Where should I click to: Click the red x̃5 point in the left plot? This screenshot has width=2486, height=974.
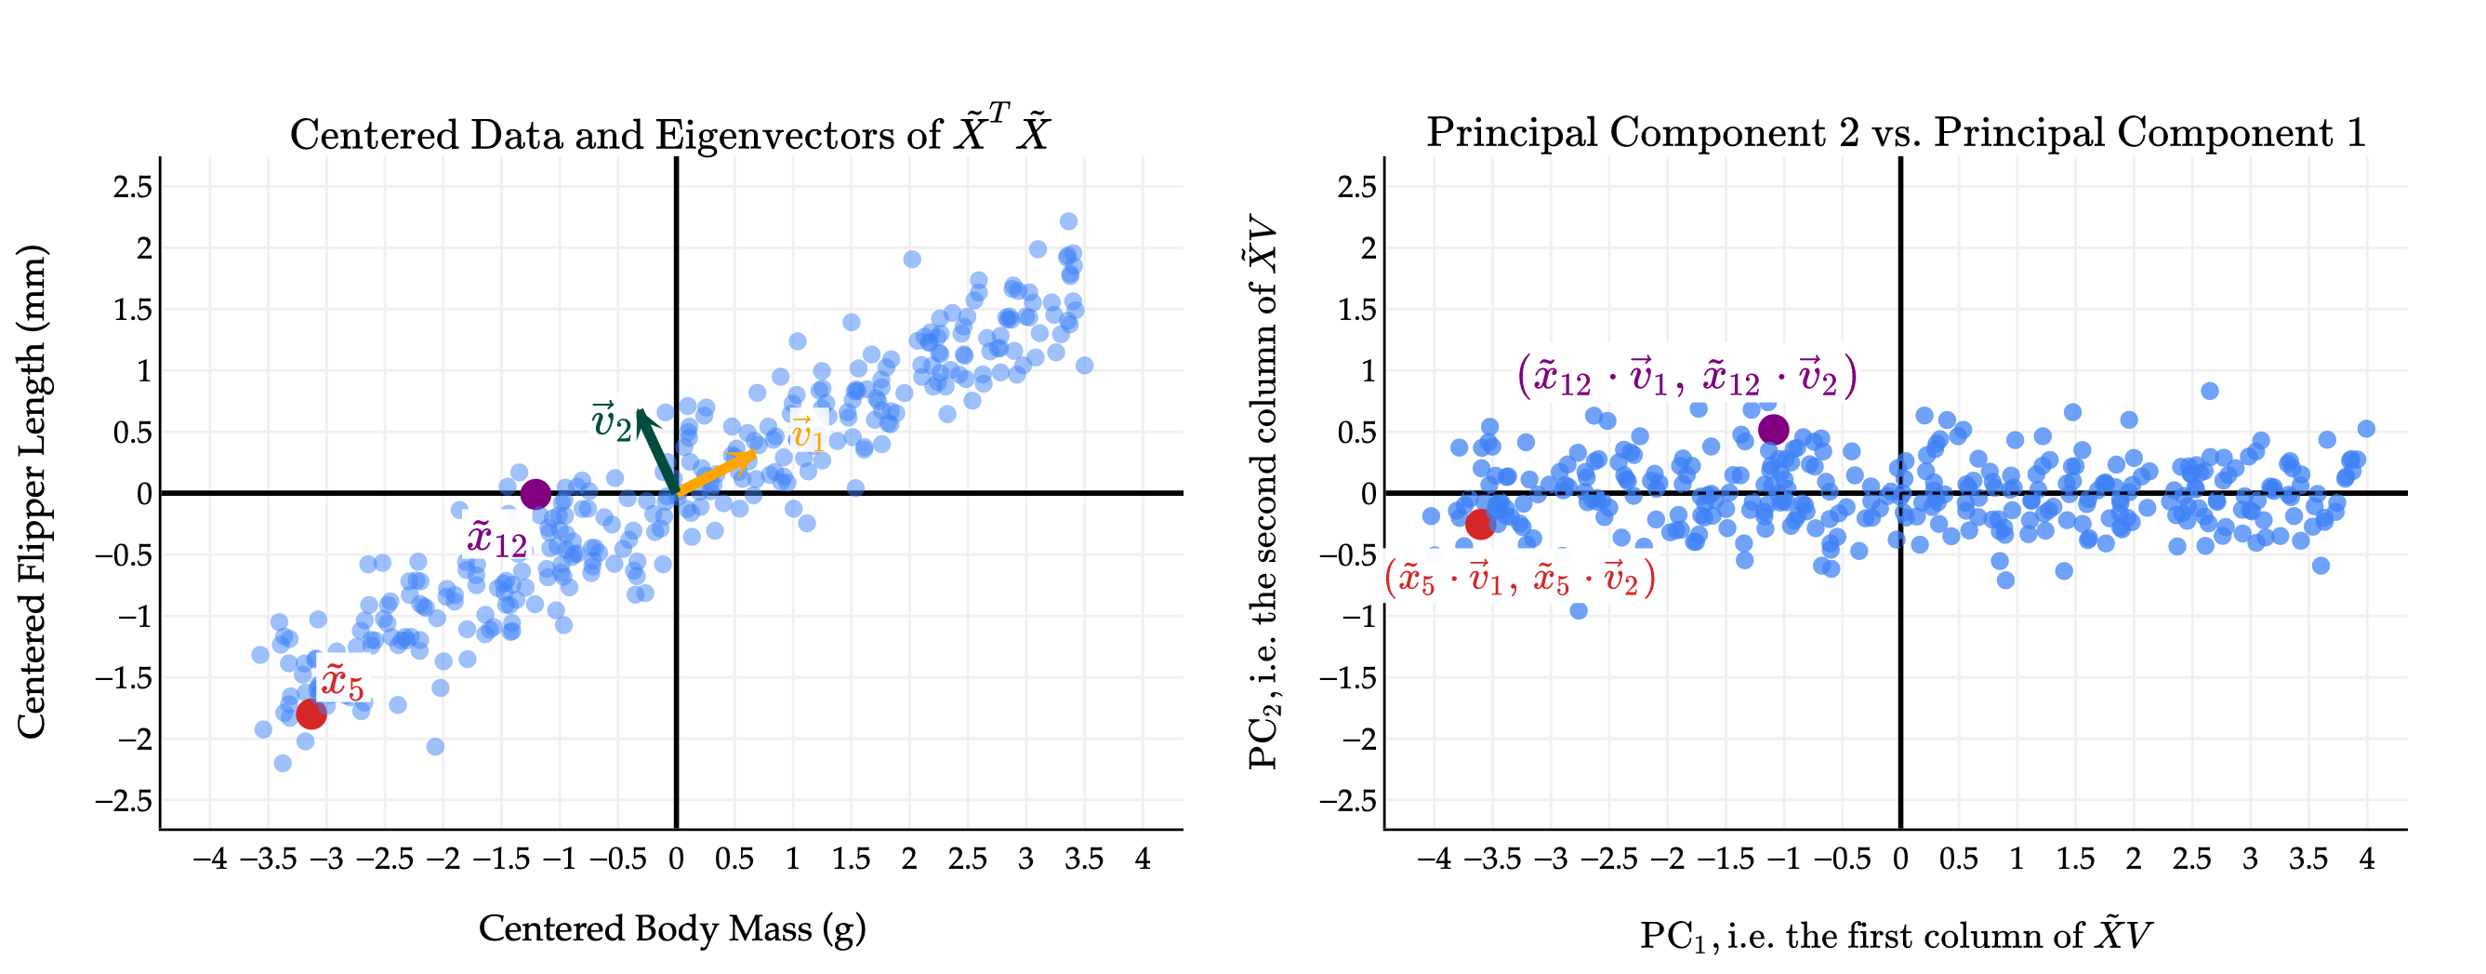[311, 714]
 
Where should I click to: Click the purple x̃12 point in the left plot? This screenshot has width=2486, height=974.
[536, 494]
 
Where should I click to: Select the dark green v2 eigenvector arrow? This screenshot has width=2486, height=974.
[656, 450]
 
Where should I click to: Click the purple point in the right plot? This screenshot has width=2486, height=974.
[1774, 430]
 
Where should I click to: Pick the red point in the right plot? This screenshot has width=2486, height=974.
[1480, 524]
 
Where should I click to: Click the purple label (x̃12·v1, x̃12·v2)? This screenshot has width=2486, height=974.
[1686, 377]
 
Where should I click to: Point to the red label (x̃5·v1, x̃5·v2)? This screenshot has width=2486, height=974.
[1520, 580]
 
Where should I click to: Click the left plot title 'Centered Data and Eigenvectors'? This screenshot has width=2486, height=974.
[669, 133]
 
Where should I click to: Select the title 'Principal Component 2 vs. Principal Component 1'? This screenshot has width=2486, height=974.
[1896, 132]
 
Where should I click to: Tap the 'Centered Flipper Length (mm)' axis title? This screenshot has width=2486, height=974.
[32, 492]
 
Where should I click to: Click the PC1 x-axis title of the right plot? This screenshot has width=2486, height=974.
[1896, 935]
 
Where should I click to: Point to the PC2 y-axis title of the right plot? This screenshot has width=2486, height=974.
[1263, 492]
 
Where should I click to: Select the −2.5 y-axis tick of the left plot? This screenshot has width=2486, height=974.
[124, 801]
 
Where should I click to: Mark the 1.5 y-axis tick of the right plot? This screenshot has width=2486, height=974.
[1355, 310]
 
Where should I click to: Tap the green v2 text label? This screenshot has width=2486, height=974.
[611, 422]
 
